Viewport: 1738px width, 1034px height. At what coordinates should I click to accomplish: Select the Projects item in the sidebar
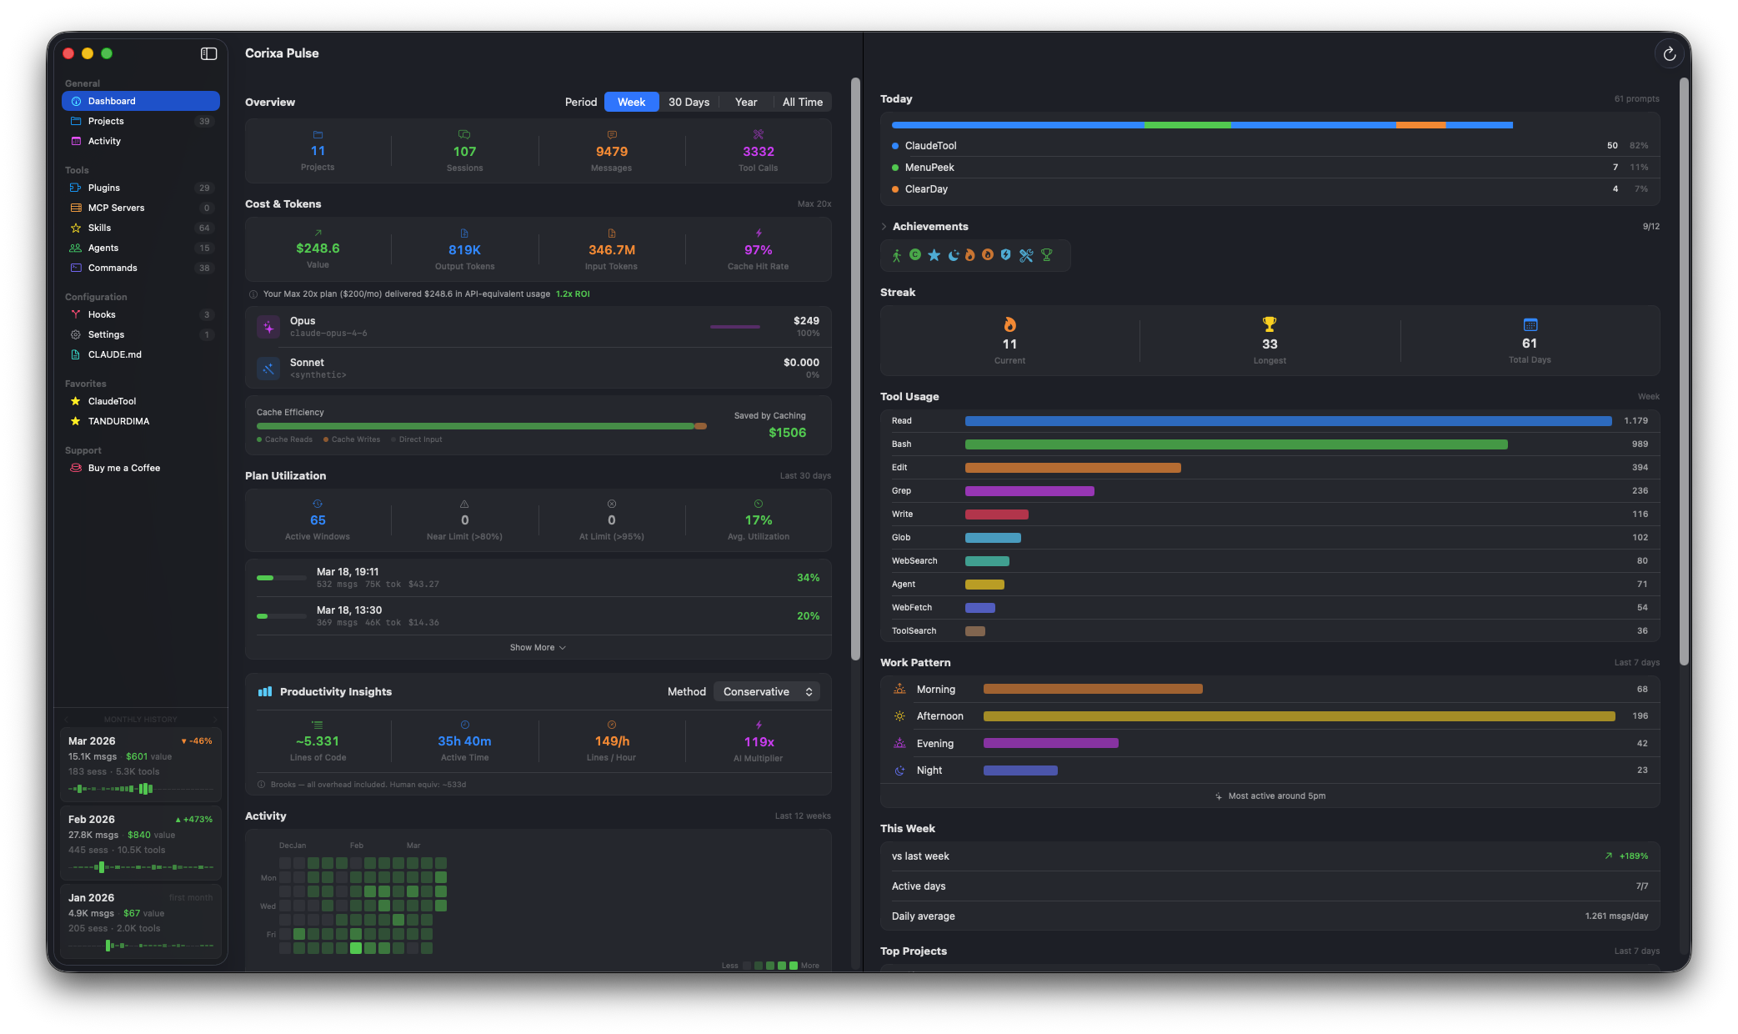click(106, 121)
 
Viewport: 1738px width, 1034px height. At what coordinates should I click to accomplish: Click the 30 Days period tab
click(689, 102)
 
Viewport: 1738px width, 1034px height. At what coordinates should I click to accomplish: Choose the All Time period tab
click(802, 102)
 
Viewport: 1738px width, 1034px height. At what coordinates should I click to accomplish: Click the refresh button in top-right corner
click(1669, 54)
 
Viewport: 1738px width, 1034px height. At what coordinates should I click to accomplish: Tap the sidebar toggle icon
click(208, 53)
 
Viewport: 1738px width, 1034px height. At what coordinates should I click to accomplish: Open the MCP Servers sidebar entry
click(116, 208)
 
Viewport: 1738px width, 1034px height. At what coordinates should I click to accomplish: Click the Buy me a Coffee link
click(123, 468)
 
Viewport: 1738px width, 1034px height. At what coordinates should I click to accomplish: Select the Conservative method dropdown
click(767, 692)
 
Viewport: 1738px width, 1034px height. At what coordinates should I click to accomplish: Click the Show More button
click(538, 648)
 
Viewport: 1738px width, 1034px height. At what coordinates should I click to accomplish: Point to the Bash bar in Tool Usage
click(1235, 444)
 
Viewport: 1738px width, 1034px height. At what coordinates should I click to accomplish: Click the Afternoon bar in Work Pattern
click(1298, 716)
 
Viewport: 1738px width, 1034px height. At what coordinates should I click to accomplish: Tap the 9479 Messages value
click(611, 152)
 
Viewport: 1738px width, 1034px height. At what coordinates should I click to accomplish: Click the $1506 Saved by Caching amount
click(787, 433)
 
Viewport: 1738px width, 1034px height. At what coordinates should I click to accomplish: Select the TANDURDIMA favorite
click(118, 421)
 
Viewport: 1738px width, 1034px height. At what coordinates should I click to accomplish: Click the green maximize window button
click(107, 53)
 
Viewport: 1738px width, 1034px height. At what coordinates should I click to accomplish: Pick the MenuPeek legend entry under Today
click(929, 168)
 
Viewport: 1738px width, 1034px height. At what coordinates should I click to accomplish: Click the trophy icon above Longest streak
click(1269, 324)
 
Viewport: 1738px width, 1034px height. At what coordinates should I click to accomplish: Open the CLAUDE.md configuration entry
click(114, 354)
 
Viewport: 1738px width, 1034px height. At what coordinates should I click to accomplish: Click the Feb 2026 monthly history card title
click(92, 820)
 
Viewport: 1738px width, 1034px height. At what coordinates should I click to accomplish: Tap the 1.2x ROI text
click(573, 294)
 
